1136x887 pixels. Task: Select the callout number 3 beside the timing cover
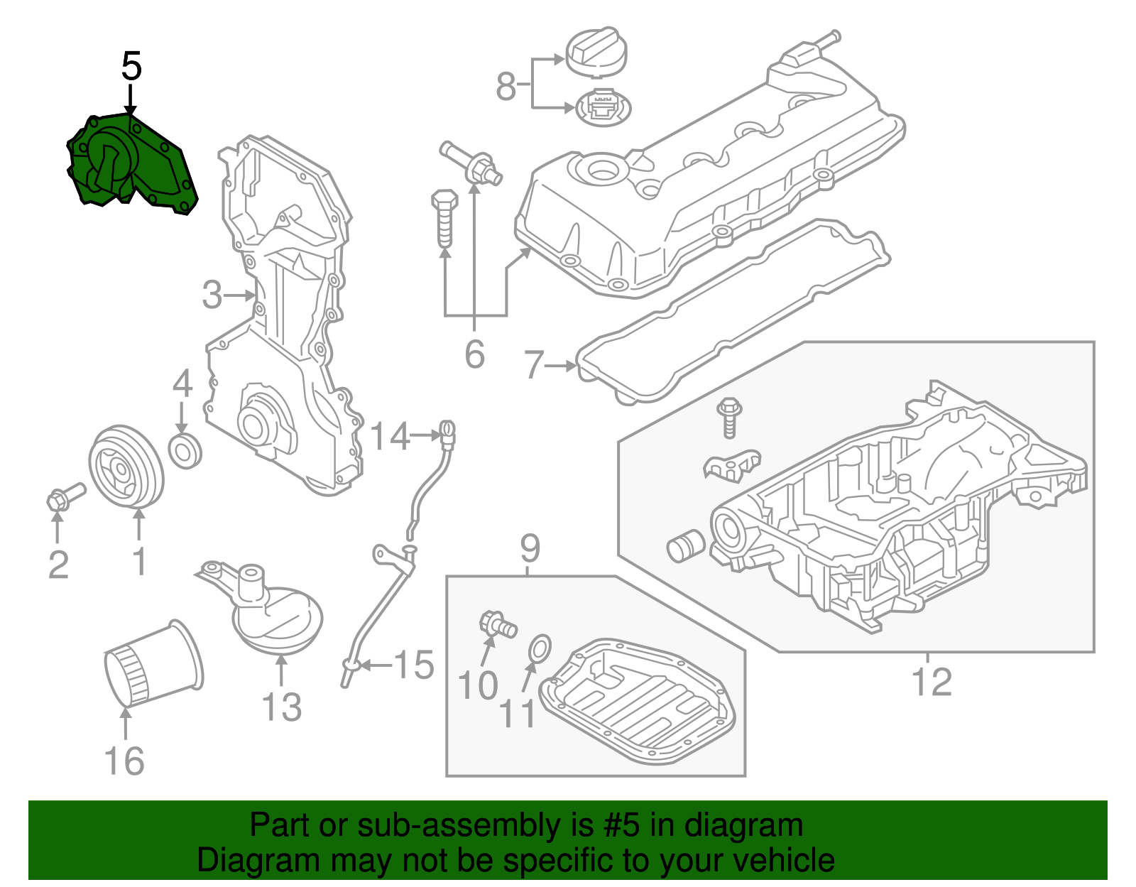pos(212,295)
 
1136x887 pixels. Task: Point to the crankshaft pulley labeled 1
pos(126,467)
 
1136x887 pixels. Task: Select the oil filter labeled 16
pos(153,664)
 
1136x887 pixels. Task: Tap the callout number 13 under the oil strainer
pos(281,707)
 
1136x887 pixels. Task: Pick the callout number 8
pos(506,87)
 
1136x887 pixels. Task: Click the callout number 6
pos(474,354)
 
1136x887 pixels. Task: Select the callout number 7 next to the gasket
pos(533,365)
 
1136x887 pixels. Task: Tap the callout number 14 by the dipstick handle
pos(390,436)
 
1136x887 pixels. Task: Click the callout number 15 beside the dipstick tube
pos(414,665)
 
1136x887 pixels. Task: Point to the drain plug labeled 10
pos(498,626)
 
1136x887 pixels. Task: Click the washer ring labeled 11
pos(539,649)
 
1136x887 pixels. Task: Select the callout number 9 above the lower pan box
pos(530,548)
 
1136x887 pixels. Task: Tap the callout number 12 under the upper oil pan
pos(931,682)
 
